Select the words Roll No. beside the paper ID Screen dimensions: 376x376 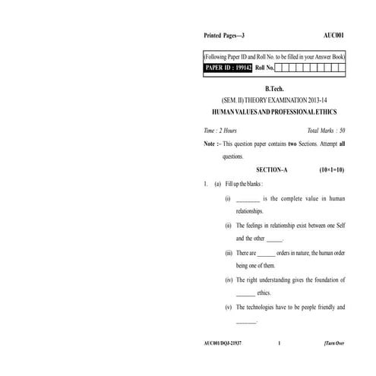tap(265, 68)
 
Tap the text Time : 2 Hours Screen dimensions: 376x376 tap(221, 131)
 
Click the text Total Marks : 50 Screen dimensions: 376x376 tap(325, 131)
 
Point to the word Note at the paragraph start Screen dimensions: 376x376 tap(210, 144)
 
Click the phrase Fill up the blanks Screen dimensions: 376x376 tap(244, 184)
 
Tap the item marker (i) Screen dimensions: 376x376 tap(228, 198)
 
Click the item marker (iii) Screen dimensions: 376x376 tap(229, 253)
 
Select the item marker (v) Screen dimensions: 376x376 tap(229, 308)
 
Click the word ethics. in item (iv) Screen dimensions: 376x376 tap(264, 293)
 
